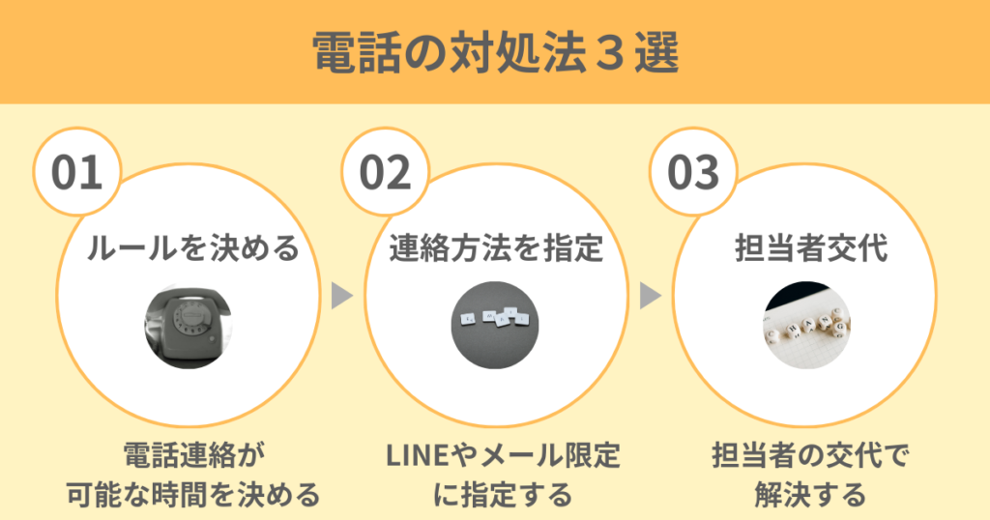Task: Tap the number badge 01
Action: tap(76, 172)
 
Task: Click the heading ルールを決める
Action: tap(193, 249)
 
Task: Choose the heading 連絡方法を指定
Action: tap(496, 249)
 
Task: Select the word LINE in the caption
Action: tap(415, 455)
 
